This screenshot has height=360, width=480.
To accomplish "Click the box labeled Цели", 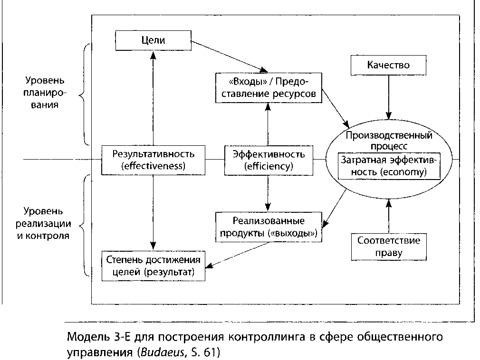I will (153, 40).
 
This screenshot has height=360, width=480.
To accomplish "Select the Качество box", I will (388, 65).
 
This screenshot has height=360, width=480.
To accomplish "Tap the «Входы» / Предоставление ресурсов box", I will (268, 88).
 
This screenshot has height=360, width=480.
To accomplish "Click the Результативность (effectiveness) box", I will (153, 160).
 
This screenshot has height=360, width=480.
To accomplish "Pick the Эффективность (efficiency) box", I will (268, 160).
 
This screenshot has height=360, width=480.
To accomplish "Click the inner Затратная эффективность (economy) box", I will (389, 166).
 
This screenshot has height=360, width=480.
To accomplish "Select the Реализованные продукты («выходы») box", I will (269, 227).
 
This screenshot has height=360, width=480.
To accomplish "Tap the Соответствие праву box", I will (388, 246).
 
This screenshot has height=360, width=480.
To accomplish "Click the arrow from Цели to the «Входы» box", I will (228, 56).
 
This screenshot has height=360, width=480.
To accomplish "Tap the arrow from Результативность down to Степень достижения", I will (153, 209).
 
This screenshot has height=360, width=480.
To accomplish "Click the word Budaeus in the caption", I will (156, 353).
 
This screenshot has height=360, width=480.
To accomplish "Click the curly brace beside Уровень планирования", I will (85, 95).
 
